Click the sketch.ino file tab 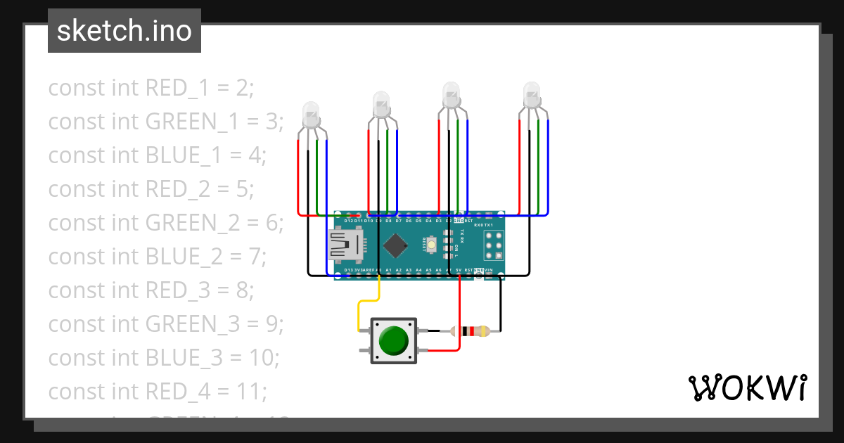pyautogui.click(x=124, y=31)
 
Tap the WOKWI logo pyautogui.click(x=746, y=388)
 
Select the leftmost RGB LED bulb pyautogui.click(x=310, y=114)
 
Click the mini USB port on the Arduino pyautogui.click(x=347, y=245)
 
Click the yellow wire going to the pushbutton pyautogui.click(x=359, y=309)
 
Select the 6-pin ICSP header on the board pyautogui.click(x=494, y=245)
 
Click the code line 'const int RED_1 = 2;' pyautogui.click(x=151, y=88)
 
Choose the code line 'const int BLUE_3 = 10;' pyautogui.click(x=164, y=357)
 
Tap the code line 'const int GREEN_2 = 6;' pyautogui.click(x=166, y=223)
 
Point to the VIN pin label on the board pyautogui.click(x=499, y=270)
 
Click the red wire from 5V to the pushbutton pyautogui.click(x=459, y=316)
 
